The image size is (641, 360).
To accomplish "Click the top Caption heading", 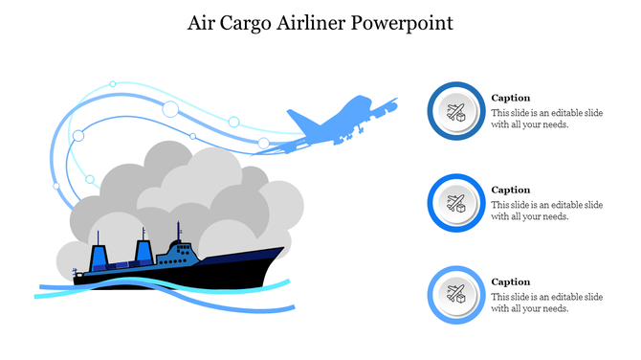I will (x=510, y=98).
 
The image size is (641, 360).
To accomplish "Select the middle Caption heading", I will (x=510, y=190).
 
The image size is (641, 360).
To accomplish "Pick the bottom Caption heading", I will (x=510, y=281).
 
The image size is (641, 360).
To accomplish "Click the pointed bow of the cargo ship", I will (x=280, y=251).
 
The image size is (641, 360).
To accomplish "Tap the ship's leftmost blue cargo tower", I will (x=99, y=257).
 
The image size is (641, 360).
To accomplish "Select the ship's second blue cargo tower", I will (x=144, y=253).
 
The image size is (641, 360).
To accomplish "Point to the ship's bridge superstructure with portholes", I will (x=180, y=252).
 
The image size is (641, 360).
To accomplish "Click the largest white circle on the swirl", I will (x=171, y=108).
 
